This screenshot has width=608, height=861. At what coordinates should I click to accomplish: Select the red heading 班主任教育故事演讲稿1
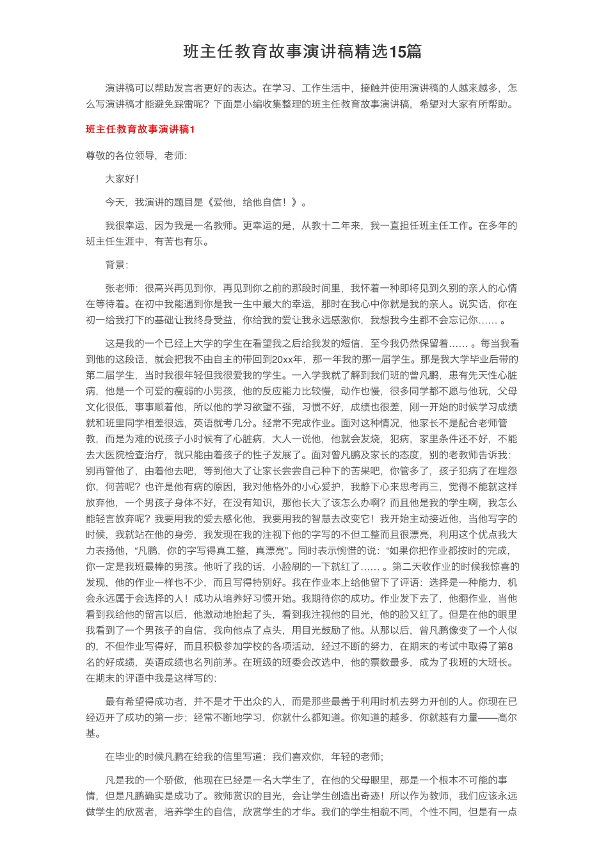point(140,129)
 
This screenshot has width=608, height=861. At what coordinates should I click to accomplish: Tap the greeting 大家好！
point(122,179)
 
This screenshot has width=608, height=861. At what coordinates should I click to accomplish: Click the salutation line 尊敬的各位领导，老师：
point(136,156)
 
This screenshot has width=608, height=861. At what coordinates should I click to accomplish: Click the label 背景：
point(116,264)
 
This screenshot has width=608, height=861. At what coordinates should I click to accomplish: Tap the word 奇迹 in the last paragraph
point(367,796)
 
